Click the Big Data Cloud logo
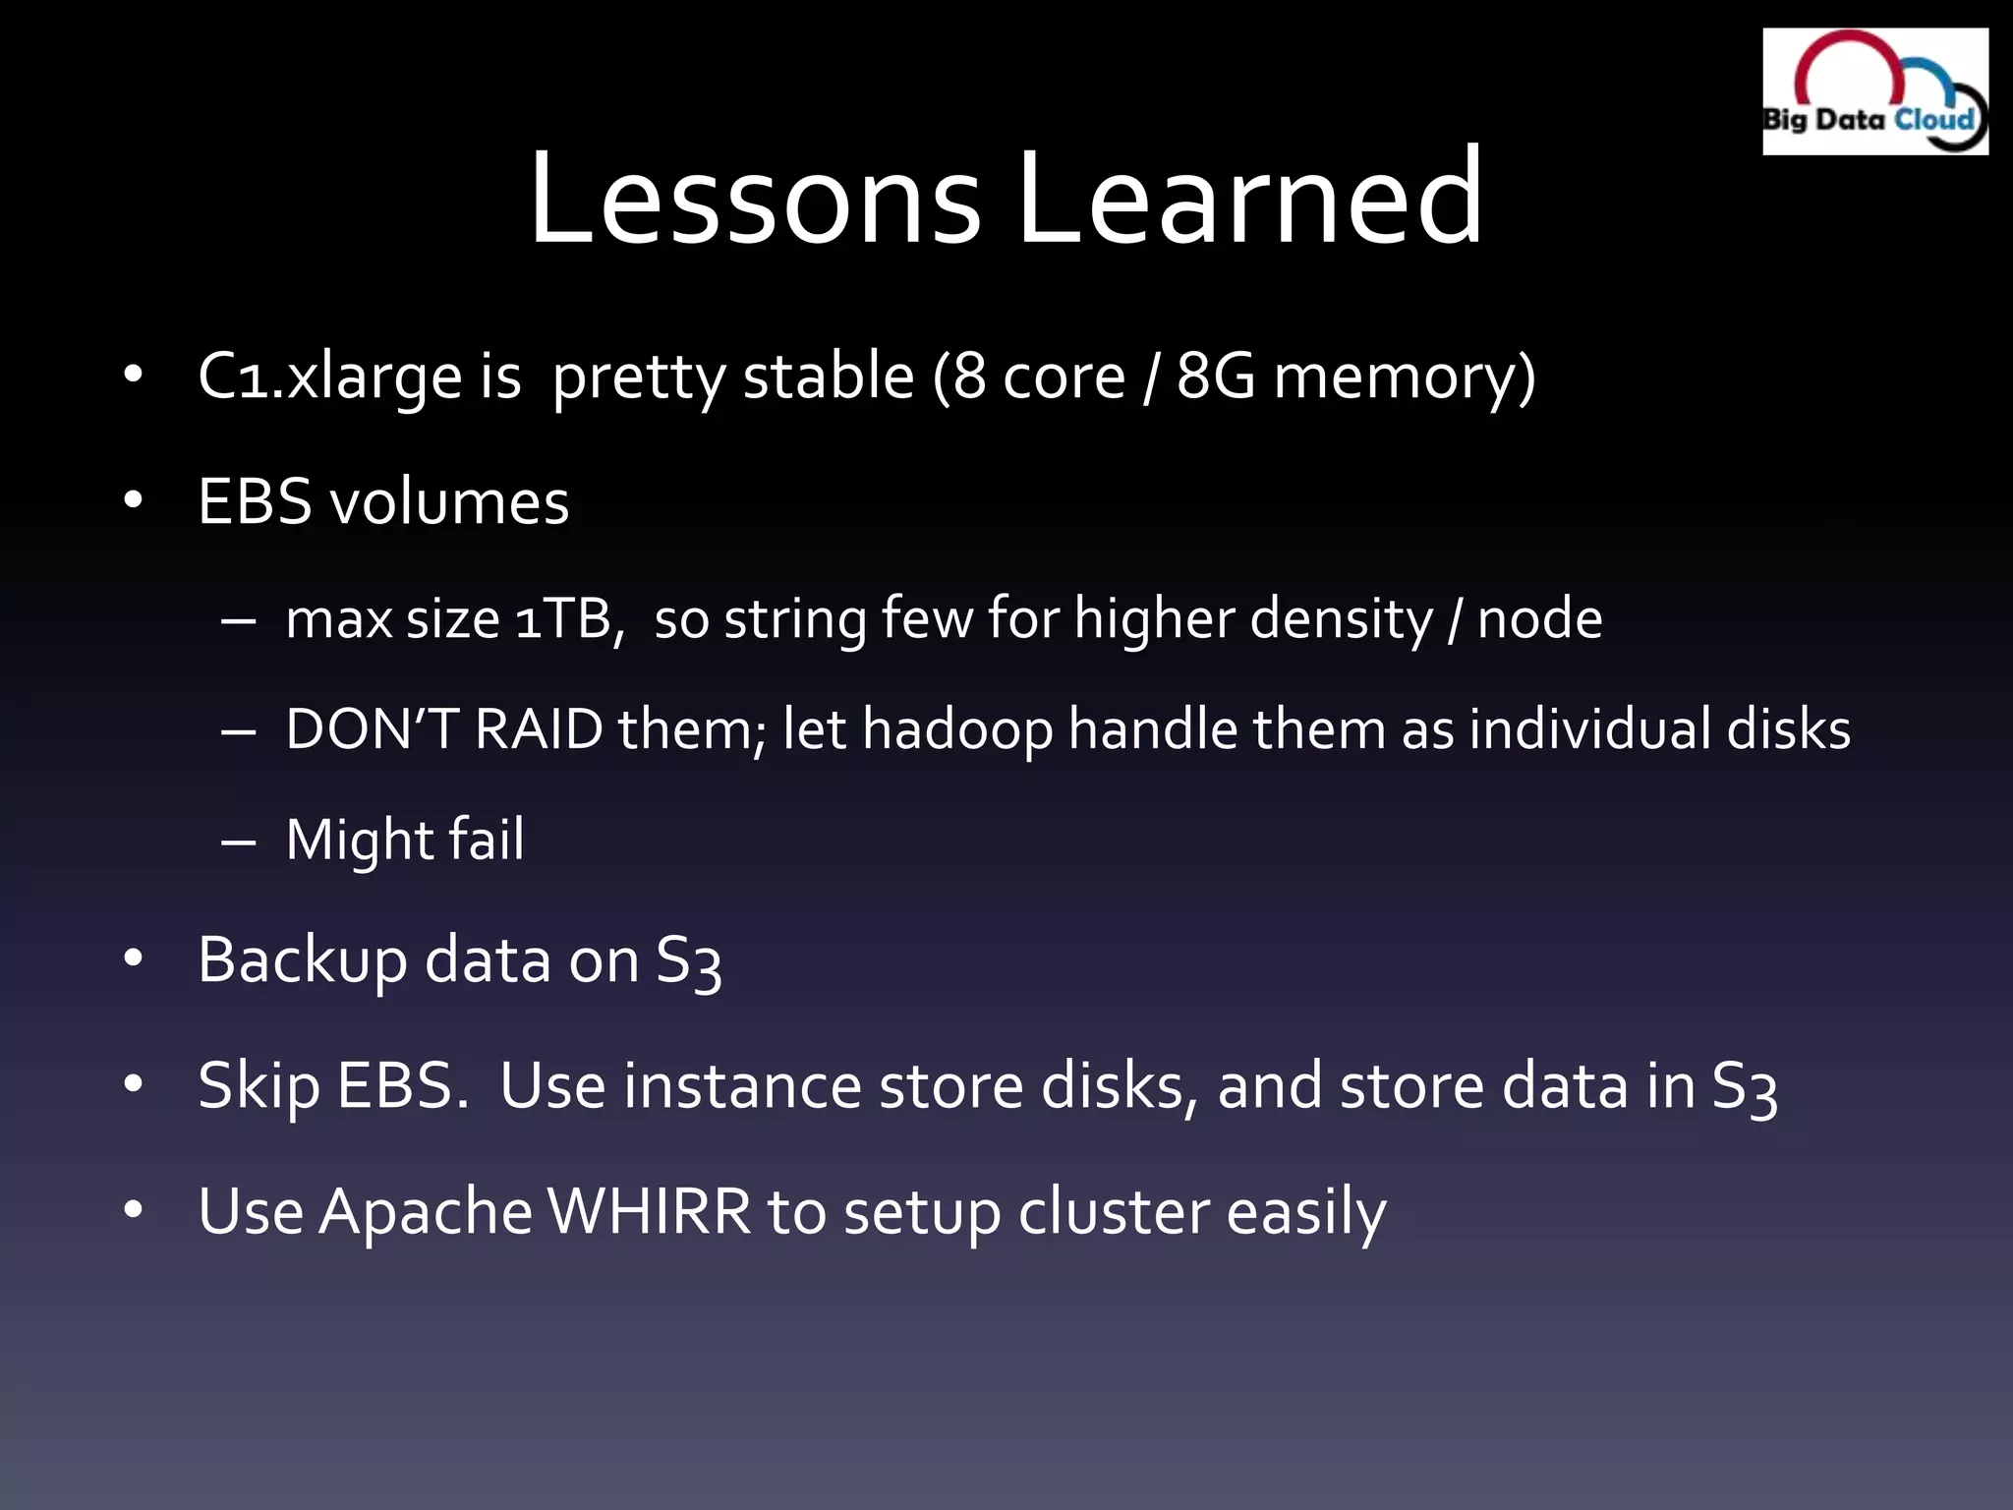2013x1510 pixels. coord(1874,91)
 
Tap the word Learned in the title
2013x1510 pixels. coord(1248,198)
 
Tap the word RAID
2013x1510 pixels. coord(539,729)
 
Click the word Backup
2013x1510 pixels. coord(302,960)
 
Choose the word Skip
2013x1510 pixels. coord(259,1087)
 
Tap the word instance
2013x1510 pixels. coord(741,1087)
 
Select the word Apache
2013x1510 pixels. coord(425,1212)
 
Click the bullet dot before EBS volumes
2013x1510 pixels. coord(134,501)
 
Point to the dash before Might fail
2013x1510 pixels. coord(239,842)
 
